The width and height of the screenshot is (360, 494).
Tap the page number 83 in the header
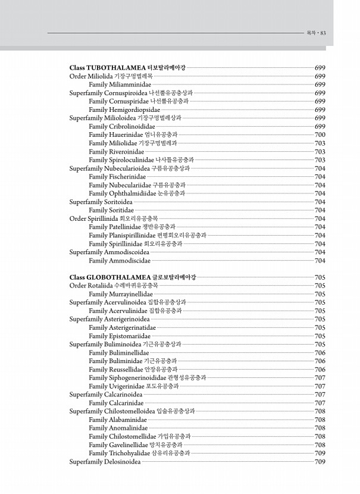click(323, 33)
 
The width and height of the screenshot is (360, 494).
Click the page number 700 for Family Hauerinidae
click(320, 135)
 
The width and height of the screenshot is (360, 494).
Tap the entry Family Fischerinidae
click(117, 177)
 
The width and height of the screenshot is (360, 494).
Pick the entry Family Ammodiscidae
click(119, 261)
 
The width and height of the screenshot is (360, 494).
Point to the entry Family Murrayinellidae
click(120, 294)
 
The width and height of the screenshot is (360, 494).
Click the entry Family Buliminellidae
click(118, 352)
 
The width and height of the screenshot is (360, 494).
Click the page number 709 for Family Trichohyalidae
click(320, 453)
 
